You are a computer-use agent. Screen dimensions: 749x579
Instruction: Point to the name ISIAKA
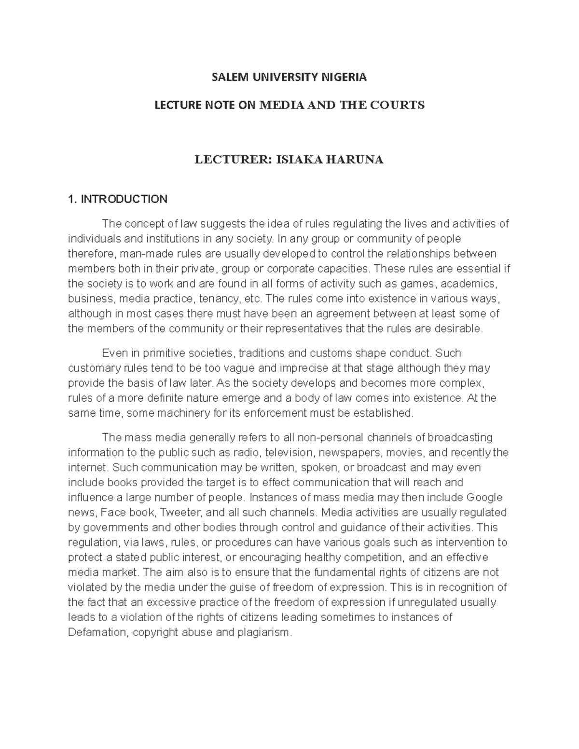click(299, 160)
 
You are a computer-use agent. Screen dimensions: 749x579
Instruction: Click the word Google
click(484, 497)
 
